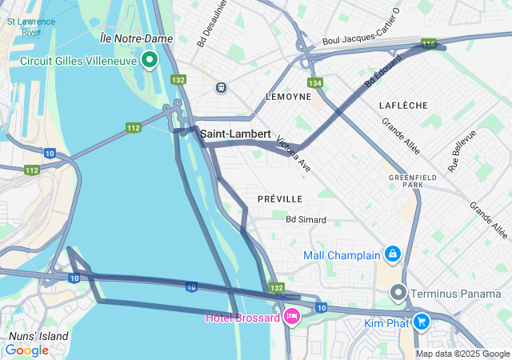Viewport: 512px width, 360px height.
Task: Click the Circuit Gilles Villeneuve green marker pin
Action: point(150,60)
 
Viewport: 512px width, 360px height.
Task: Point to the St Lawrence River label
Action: point(30,26)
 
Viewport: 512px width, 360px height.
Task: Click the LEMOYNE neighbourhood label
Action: point(288,96)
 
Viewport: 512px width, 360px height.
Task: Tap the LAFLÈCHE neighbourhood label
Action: point(403,105)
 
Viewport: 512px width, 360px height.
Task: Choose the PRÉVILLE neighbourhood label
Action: point(280,198)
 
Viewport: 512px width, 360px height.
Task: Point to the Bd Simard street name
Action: point(306,218)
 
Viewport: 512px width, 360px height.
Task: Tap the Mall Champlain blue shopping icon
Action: point(392,255)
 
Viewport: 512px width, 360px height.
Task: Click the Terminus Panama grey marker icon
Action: point(399,293)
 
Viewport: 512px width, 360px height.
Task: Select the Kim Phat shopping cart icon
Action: point(422,322)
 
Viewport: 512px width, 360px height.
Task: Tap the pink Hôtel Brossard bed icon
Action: point(292,317)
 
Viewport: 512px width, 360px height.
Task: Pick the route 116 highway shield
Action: point(429,44)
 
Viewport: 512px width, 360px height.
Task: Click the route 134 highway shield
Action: point(314,82)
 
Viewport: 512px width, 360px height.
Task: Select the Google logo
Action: point(26,350)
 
